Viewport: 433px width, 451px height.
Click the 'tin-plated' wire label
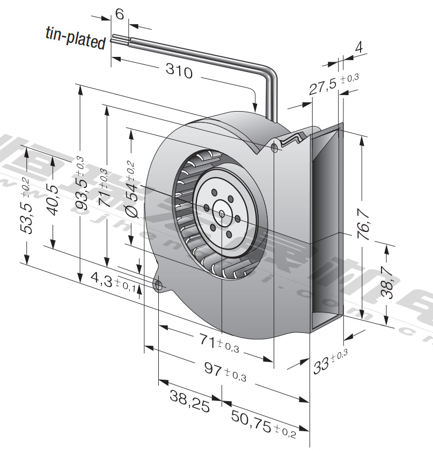click(75, 39)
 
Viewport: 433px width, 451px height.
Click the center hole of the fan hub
click(222, 213)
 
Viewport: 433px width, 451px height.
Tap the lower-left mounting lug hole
click(159, 285)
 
